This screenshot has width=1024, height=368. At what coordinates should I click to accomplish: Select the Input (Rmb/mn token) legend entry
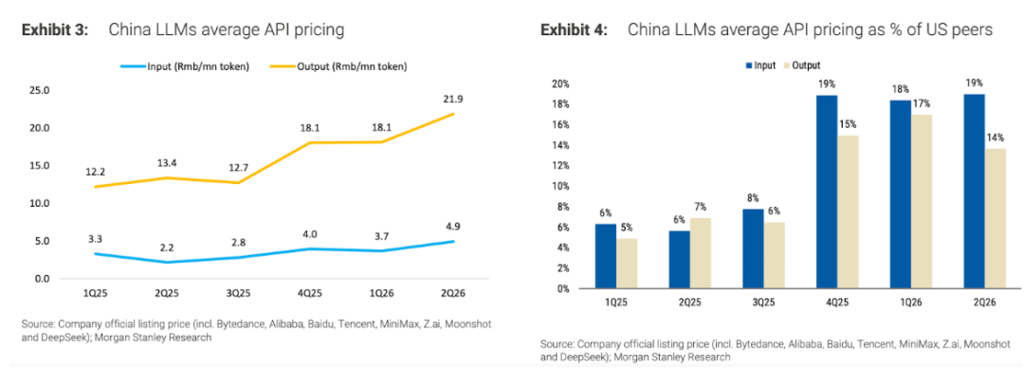(184, 66)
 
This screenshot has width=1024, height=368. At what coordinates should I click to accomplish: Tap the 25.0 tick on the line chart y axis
(40, 89)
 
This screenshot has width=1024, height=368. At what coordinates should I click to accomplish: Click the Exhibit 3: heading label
(56, 30)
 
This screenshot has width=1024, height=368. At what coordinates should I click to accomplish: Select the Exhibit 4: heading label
(573, 30)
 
